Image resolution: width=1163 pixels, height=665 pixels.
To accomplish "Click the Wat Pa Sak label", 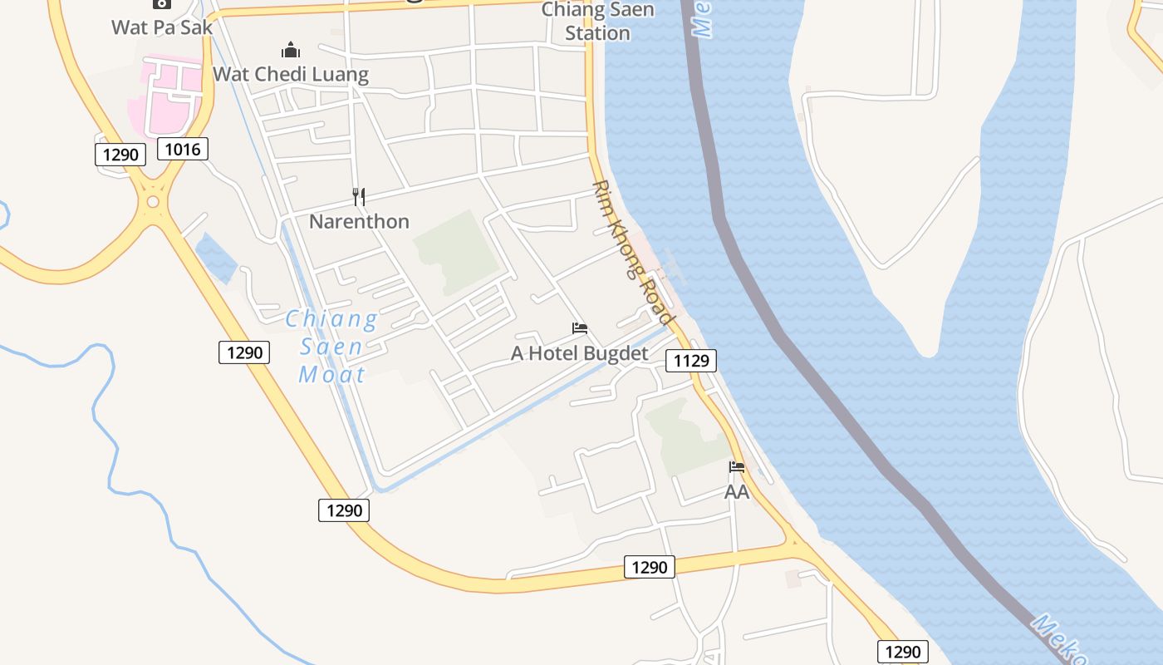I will (161, 27).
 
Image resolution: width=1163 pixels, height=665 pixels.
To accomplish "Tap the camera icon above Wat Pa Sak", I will (161, 4).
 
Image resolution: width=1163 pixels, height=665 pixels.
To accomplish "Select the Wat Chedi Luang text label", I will (291, 74).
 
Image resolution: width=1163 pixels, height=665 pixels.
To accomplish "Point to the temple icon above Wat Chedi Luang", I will (290, 50).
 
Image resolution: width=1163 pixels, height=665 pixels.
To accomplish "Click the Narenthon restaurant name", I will (359, 221).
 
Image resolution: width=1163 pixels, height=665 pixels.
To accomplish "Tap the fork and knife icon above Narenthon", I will (359, 197).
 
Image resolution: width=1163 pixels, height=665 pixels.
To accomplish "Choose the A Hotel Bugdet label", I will (579, 353).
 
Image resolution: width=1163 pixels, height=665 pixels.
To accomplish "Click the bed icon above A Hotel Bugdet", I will (580, 329).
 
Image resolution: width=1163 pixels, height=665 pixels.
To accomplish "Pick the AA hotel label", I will (736, 492).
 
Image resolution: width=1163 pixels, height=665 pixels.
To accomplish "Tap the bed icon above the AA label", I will (736, 467).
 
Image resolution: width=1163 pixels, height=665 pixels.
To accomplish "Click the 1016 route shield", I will (183, 149).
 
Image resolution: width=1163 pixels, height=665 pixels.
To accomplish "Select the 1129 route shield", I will (690, 360).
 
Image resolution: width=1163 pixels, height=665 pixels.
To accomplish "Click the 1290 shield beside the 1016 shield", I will (120, 154).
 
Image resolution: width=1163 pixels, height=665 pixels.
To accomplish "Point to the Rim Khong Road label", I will (632, 253).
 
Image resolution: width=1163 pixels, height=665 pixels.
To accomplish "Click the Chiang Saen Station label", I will (597, 22).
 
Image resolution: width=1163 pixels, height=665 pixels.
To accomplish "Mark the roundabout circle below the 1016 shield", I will (152, 202).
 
